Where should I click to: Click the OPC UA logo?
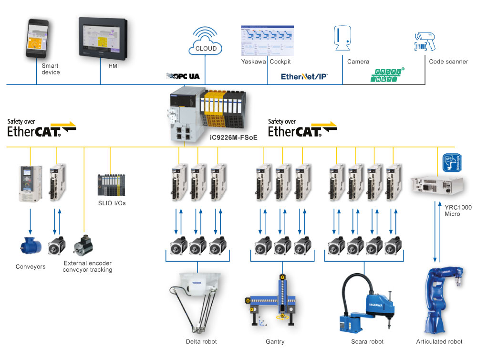pos(183,76)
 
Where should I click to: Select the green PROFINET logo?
pos(387,75)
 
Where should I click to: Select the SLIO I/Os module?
pos(112,185)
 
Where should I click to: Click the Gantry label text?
pos(275,341)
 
